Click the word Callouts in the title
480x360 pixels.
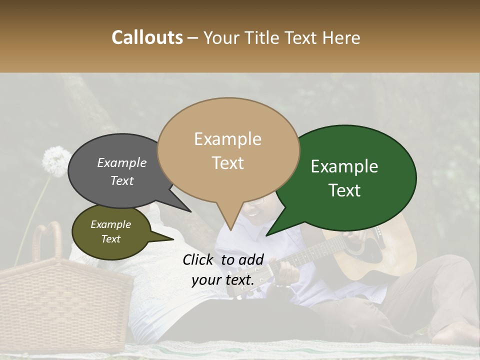pos(147,37)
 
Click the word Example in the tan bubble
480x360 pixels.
pos(227,139)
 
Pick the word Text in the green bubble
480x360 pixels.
pos(344,190)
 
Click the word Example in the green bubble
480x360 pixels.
pos(344,166)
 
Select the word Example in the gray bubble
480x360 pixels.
pos(121,162)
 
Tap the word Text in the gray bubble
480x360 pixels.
pos(121,181)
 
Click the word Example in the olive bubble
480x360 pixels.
pos(110,224)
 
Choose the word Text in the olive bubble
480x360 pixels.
pos(110,239)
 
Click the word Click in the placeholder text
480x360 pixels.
pos(199,259)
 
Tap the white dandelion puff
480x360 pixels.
pos(55,161)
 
